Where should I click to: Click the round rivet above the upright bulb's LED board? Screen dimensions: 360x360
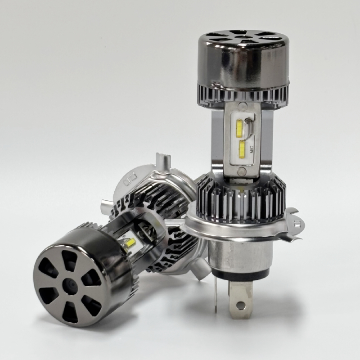[x=241, y=106]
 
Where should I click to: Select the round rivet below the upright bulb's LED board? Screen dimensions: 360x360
[x=242, y=171]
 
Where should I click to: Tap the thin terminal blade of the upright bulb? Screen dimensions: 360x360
[x=216, y=293]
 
